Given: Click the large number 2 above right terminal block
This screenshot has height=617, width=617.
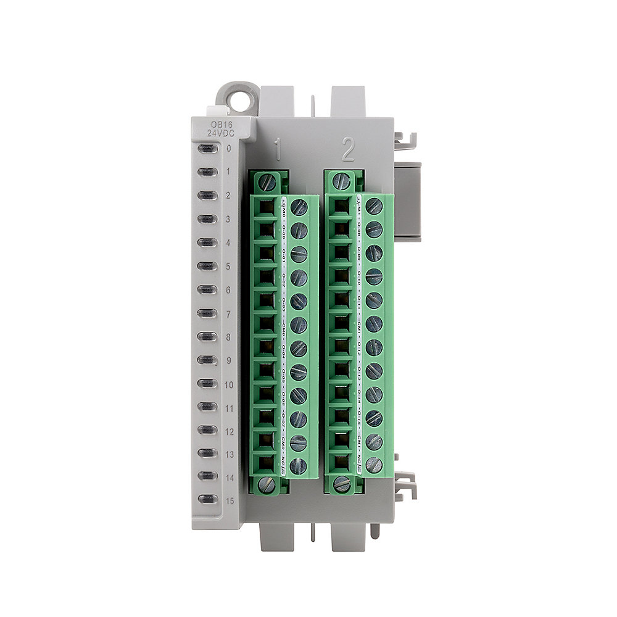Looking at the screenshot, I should coord(348,149).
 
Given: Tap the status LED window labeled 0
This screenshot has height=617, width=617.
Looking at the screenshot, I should coord(207,149).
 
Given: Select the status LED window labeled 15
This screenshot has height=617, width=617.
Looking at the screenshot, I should coord(207,500).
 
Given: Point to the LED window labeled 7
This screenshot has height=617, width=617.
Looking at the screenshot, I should coord(207,313).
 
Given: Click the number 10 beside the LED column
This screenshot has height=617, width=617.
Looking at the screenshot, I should coord(230,384).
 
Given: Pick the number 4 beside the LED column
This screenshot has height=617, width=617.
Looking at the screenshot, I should coord(228,243).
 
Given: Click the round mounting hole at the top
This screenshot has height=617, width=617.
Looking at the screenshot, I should coord(238,98).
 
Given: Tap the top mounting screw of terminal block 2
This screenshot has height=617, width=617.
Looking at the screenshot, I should coord(342,182).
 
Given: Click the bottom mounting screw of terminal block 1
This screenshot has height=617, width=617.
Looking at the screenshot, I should coord(268,484).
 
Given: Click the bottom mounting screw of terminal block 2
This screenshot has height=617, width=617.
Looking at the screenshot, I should coord(342,484).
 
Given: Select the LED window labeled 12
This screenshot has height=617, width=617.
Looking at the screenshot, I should coord(207,430).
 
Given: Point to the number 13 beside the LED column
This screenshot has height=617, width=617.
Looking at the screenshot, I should coord(230,455).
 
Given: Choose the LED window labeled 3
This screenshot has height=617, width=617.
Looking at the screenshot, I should coord(207,219).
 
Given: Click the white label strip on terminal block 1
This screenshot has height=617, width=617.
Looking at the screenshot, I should coord(284,333).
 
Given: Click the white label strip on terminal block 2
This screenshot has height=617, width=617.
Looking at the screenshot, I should coord(359,333).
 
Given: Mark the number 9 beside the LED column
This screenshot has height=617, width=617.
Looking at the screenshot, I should coord(228,361).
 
